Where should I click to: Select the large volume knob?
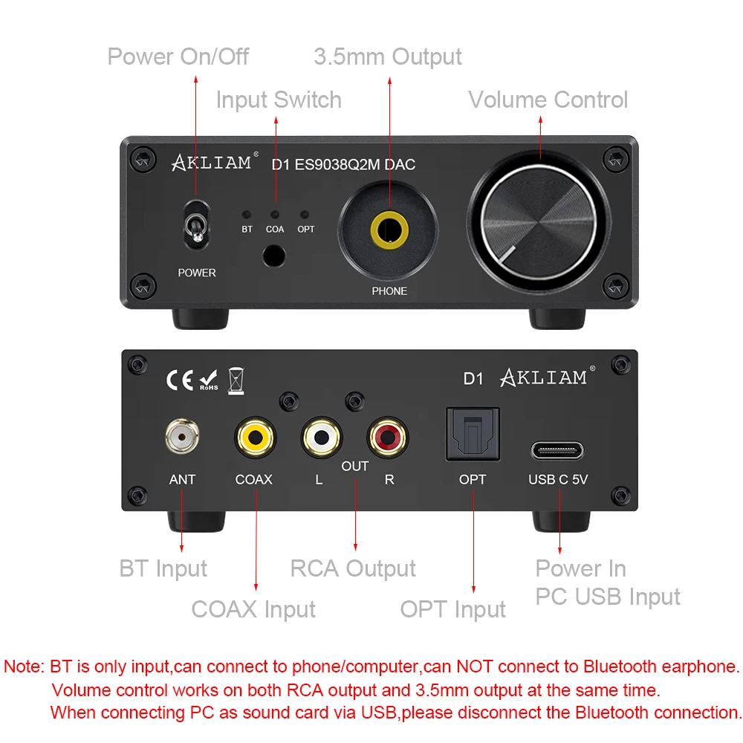pos(539,224)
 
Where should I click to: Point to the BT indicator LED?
pos(247,215)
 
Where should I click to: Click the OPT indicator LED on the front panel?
pos(305,215)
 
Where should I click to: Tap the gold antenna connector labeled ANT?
pos(182,437)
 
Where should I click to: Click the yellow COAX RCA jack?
pos(254,437)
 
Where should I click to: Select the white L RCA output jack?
pos(321,437)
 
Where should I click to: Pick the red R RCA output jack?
pos(387,437)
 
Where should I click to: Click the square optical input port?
pos(472,435)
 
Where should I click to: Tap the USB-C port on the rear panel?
pos(557,450)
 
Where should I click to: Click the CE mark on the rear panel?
pos(180,380)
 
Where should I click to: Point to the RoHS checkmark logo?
pos(209,380)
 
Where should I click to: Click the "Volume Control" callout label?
pos(548,100)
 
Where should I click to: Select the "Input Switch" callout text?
pos(279,100)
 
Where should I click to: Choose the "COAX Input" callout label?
pos(253,609)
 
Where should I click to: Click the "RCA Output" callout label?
pos(353,569)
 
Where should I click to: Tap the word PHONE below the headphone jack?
pos(389,291)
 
